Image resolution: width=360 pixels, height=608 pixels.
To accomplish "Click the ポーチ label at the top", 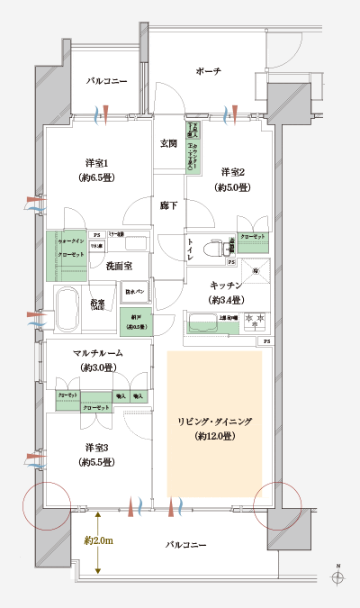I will (209, 70).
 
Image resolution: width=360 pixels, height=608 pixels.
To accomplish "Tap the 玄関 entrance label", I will (168, 143).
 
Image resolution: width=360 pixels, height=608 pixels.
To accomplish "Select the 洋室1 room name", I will (97, 163).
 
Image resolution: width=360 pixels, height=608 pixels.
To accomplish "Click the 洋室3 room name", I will (98, 448).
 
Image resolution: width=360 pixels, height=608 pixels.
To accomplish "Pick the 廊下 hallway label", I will (168, 205).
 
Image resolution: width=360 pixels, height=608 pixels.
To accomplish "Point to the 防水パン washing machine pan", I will (134, 293).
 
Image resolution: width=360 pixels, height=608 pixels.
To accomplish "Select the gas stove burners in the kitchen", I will (245, 318).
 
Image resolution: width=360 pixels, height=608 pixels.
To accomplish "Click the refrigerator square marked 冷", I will (256, 271).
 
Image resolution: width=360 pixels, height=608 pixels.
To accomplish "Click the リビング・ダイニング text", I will (214, 422).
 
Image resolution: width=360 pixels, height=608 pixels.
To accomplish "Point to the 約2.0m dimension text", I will (96, 540).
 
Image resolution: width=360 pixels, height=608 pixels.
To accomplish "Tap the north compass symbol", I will (337, 581).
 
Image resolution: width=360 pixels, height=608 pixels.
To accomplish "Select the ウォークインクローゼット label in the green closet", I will (72, 250).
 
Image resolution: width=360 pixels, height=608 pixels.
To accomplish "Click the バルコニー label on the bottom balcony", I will (186, 546).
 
